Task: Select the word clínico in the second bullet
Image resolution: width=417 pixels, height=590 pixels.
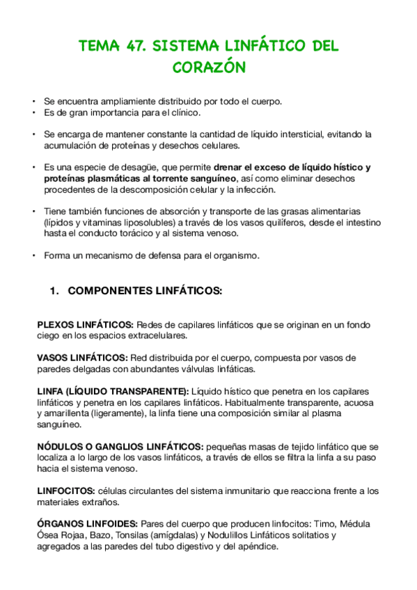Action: tap(183, 113)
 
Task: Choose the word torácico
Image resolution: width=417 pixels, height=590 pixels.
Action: tap(157, 234)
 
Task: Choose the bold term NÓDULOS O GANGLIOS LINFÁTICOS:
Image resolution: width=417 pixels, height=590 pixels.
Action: tap(120, 446)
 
